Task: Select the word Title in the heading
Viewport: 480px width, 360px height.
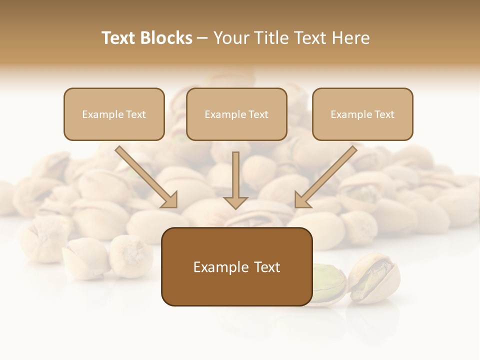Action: [x=270, y=38]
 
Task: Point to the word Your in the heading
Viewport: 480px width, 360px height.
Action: [x=231, y=38]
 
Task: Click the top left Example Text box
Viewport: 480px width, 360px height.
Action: [x=114, y=114]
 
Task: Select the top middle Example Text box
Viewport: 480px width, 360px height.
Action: [x=236, y=114]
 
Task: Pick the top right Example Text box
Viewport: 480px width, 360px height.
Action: [x=362, y=114]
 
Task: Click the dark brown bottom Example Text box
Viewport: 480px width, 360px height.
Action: [x=236, y=266]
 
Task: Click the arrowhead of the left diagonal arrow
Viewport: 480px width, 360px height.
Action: [x=170, y=200]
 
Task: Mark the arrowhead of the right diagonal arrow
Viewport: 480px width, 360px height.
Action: [x=302, y=200]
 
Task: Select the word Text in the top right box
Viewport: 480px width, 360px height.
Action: [x=384, y=114]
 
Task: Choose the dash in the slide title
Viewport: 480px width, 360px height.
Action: [x=202, y=38]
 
